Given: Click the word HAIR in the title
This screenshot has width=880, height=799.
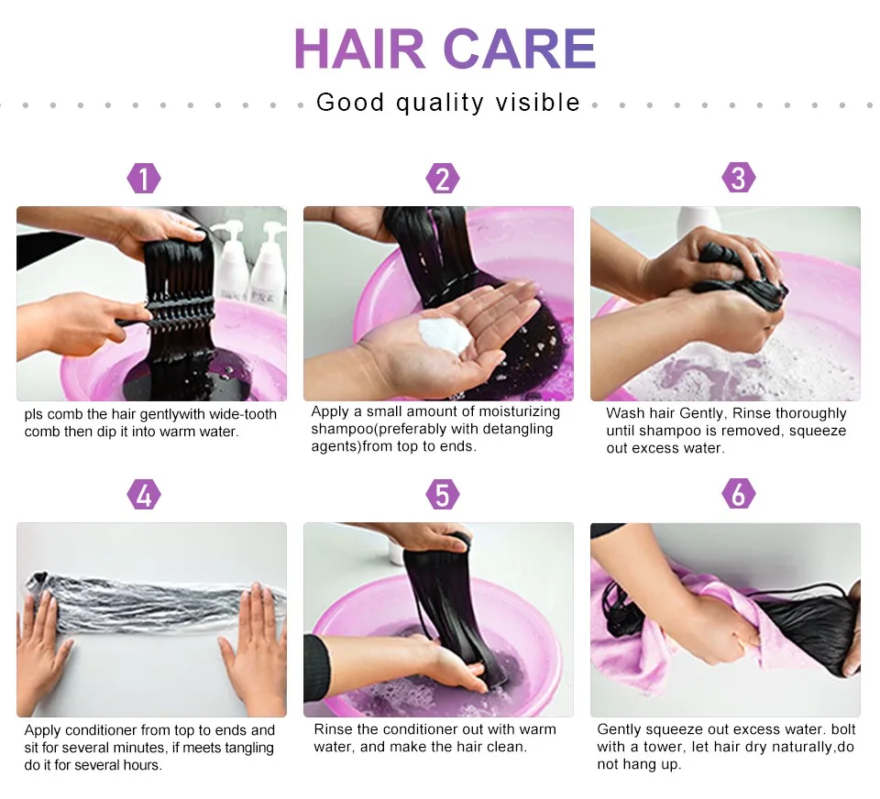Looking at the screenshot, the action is pyautogui.click(x=359, y=49).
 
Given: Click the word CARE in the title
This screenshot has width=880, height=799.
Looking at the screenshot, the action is pyautogui.click(x=520, y=49).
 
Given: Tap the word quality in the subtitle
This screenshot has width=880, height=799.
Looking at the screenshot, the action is pyautogui.click(x=439, y=104).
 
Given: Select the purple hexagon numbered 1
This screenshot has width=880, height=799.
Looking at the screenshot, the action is pyautogui.click(x=144, y=179).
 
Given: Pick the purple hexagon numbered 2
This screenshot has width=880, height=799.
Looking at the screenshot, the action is pyautogui.click(x=442, y=179).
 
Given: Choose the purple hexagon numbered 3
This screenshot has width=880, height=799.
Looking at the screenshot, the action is pyautogui.click(x=739, y=178).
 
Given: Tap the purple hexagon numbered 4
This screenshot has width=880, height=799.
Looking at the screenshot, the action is pyautogui.click(x=144, y=495).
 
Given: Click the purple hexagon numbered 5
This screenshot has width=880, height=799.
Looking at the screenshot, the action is pyautogui.click(x=442, y=494).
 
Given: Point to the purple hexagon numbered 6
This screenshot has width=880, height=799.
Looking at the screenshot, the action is pyautogui.click(x=739, y=494).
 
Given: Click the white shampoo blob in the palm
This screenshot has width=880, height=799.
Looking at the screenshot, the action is pyautogui.click(x=445, y=335).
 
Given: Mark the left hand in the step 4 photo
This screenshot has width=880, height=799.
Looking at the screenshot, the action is pyautogui.click(x=42, y=645).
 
